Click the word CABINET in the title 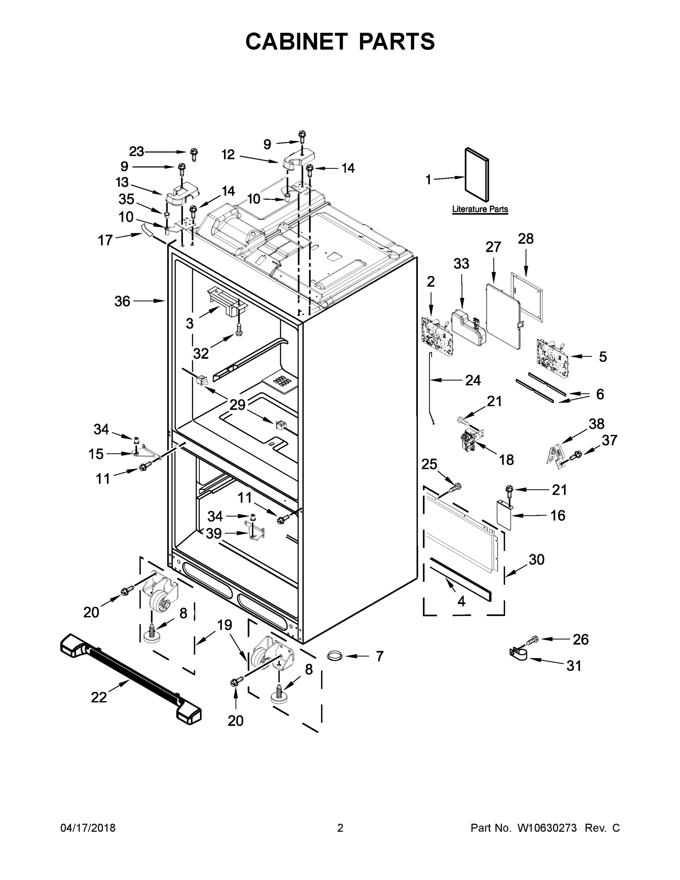(296, 41)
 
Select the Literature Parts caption (480, 209)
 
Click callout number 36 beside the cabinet (122, 301)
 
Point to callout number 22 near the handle (99, 697)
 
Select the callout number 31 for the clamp (574, 665)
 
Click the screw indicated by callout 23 (194, 154)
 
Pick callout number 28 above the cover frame (526, 239)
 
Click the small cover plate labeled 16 (504, 514)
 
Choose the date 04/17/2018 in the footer (88, 828)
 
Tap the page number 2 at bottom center (340, 828)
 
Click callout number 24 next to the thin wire (473, 380)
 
